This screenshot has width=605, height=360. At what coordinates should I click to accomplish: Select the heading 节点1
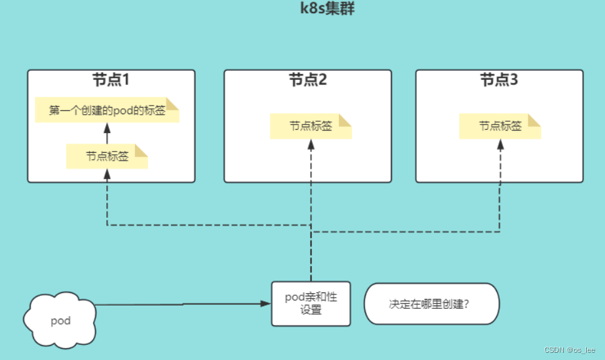(x=111, y=81)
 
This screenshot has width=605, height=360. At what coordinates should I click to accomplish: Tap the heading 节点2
(x=307, y=81)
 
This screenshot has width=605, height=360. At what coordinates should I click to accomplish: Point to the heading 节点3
(x=499, y=81)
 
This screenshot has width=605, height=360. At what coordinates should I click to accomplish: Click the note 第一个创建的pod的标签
(x=107, y=111)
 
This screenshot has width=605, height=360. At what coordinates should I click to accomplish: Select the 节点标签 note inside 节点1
(x=107, y=157)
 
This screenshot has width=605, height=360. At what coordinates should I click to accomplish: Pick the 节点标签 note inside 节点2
(x=311, y=127)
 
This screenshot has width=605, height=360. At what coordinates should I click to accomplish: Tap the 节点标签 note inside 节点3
(x=500, y=127)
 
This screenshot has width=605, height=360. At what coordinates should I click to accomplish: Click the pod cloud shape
(x=60, y=321)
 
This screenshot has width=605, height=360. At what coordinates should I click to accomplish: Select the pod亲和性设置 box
(x=311, y=304)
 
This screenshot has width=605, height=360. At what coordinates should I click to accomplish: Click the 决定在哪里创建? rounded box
(x=431, y=304)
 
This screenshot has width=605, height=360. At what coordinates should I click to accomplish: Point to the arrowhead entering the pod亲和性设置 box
(x=265, y=304)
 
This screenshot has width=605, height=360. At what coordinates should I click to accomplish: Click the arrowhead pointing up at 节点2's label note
(x=311, y=144)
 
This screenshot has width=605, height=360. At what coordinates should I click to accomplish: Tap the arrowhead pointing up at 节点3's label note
(x=500, y=144)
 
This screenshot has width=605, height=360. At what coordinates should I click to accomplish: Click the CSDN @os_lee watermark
(x=569, y=351)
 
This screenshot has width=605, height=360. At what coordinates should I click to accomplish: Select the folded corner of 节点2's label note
(x=345, y=120)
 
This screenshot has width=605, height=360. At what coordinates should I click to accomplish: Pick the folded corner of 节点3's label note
(x=534, y=120)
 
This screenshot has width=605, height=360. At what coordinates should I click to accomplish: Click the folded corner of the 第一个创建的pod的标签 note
(x=172, y=104)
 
